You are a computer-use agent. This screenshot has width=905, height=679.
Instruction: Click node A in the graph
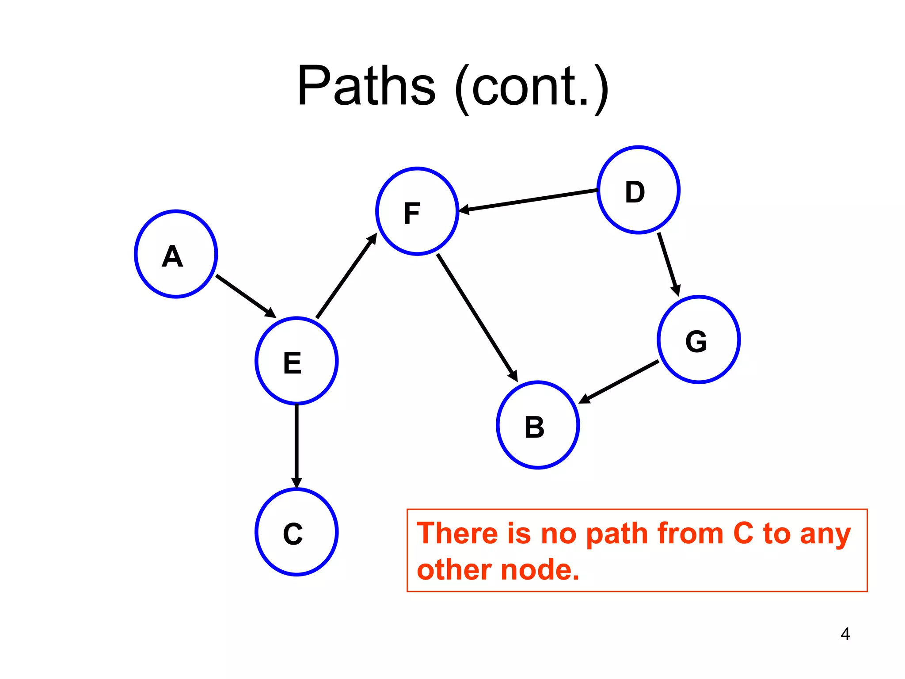[x=176, y=254]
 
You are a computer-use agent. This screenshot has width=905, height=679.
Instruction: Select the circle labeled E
[x=297, y=361]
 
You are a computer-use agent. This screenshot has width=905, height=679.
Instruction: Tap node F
[x=417, y=211]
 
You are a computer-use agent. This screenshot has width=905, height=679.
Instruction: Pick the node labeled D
[x=639, y=190]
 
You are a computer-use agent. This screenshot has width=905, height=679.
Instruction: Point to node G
[x=699, y=339]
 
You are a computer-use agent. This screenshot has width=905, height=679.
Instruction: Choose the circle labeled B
[x=538, y=425]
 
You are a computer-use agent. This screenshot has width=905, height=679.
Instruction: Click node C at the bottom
[x=297, y=532]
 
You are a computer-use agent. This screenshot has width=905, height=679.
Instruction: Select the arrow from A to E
[x=245, y=296]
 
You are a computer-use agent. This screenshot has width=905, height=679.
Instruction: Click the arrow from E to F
[x=346, y=276]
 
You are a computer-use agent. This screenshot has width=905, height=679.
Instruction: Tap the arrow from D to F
[x=528, y=200]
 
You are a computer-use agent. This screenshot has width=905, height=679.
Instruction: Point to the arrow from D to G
[x=668, y=264]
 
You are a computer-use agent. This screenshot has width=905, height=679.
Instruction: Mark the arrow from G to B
[x=619, y=382]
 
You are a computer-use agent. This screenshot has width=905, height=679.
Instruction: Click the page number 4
[x=845, y=634]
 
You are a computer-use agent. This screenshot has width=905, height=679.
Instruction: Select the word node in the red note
[x=540, y=570]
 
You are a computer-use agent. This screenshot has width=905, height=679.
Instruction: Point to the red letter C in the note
[x=743, y=533]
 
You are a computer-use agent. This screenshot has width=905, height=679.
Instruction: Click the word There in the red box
[x=457, y=533]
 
